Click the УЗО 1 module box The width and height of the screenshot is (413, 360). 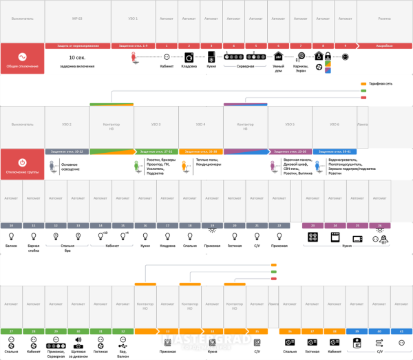coord(133,21)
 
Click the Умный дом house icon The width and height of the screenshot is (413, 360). coord(278,56)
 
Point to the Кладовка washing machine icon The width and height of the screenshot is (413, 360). coord(189,57)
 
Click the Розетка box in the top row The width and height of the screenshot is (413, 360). coord(385,21)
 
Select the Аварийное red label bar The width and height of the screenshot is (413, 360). coord(385,45)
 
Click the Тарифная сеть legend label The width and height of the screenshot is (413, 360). coord(381,84)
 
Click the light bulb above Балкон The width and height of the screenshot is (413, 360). coord(12,237)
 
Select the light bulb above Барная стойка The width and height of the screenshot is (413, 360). coord(34,237)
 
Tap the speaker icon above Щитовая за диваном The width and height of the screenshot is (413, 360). coord(78,340)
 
